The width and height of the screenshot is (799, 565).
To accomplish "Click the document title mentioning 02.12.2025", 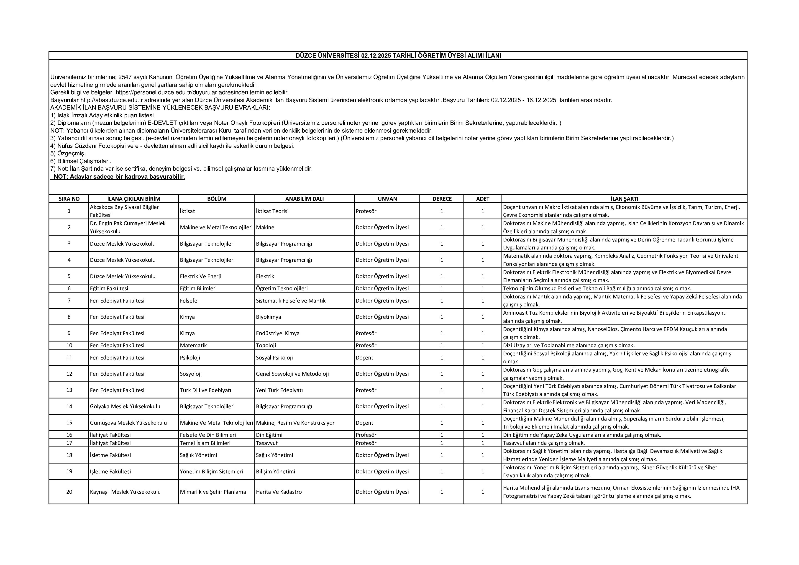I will tap(398, 56).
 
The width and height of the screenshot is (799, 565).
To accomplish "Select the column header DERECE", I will tap(442, 199).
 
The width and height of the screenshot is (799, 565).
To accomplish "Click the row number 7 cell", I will tap(69, 300).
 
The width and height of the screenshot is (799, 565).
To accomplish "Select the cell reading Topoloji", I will tap(266, 345).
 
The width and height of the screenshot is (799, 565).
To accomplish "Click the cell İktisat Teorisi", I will tap(272, 211).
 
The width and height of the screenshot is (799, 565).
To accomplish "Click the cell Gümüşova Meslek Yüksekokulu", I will tap(128, 423).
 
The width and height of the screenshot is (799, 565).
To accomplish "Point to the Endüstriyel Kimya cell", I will tap(277, 333).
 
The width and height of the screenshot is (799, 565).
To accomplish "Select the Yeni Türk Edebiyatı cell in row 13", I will tap(279, 390).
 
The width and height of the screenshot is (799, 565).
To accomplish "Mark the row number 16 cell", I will tap(69, 435).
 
